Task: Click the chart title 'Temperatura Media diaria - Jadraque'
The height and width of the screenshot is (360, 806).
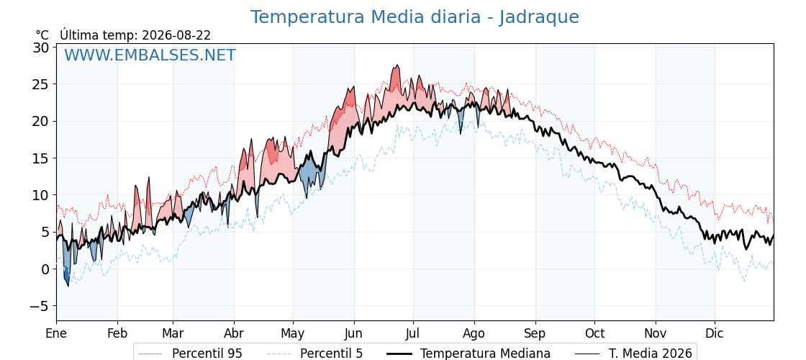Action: point(415,17)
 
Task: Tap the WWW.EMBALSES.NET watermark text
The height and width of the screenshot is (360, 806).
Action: point(150,55)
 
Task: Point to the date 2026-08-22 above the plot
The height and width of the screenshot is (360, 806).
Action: point(176,35)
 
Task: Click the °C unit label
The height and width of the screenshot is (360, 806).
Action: point(42,35)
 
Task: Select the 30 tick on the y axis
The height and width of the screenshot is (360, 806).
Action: point(42,48)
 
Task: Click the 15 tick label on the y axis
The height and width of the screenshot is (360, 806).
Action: point(42,158)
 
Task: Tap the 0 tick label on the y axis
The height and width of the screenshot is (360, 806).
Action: point(45,269)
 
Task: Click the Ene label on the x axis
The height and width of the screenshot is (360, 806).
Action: point(57,333)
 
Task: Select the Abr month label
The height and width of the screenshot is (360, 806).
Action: point(234,333)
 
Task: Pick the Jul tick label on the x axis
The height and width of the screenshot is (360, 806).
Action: point(413,333)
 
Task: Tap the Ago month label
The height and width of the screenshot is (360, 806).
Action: point(474,334)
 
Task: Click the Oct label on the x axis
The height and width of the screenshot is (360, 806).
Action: point(594,333)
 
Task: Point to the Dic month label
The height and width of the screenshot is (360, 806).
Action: point(715,333)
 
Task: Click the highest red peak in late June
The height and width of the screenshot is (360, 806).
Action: point(397,66)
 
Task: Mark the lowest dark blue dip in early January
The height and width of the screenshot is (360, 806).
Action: point(68,286)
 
